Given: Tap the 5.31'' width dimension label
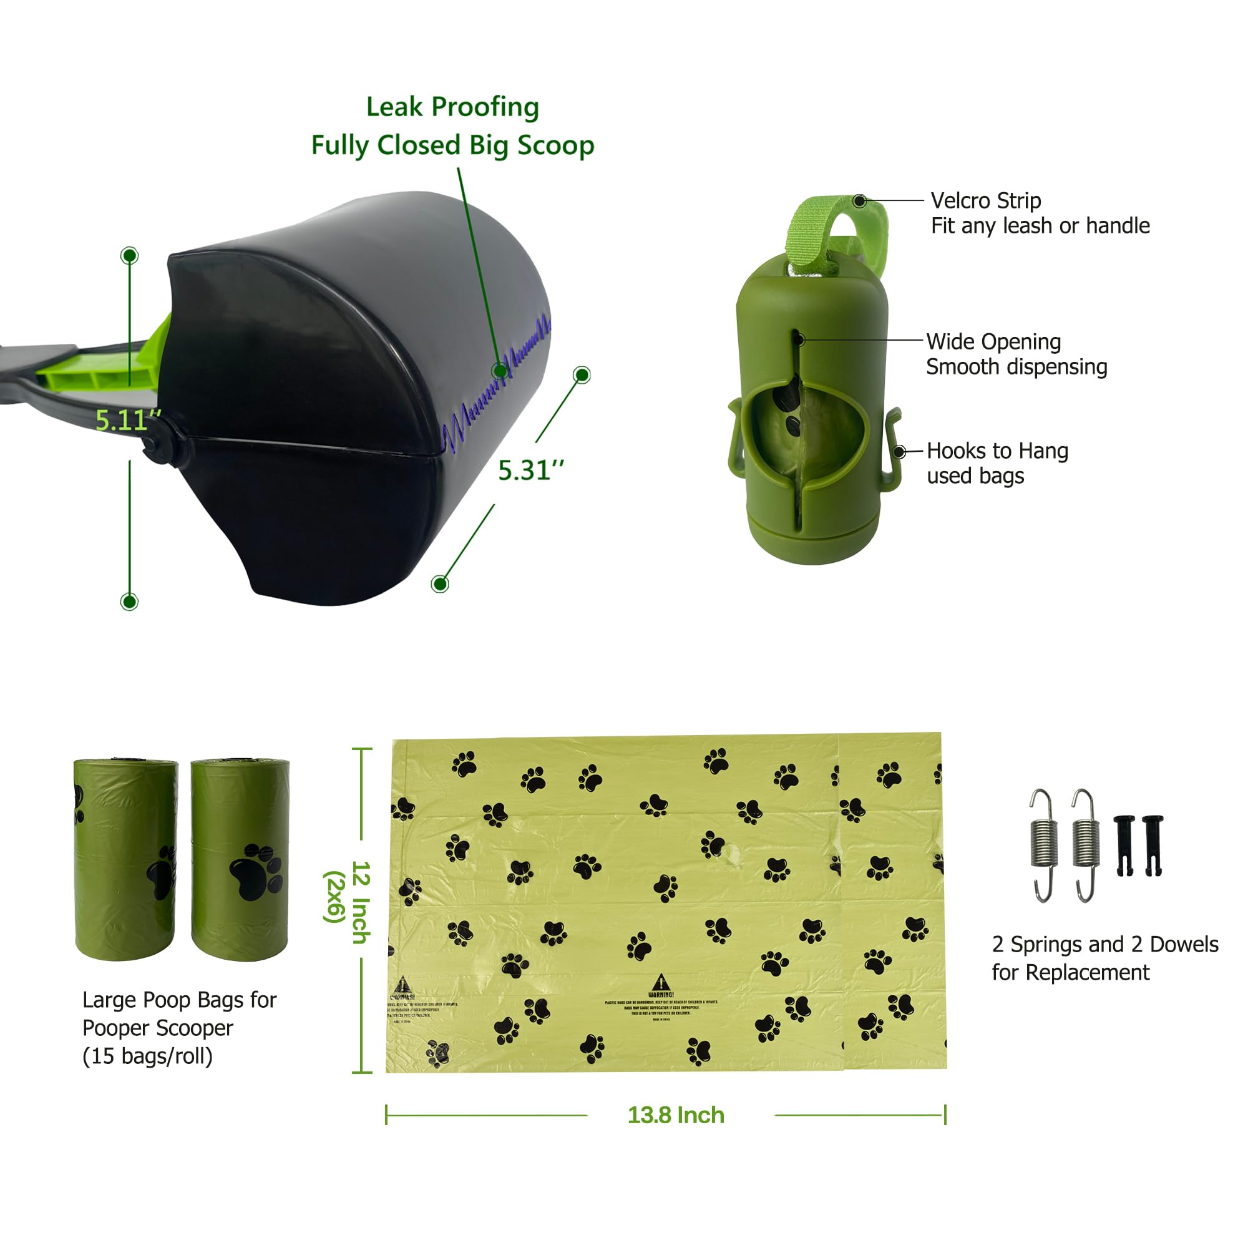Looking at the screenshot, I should pos(531,470).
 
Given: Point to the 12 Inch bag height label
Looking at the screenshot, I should pos(361,902).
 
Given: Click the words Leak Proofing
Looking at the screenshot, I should pos(452,107).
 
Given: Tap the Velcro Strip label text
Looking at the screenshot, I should pos(985,201).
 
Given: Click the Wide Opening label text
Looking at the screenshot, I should pos(993,342).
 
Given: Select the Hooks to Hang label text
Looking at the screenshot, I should pos(997,451).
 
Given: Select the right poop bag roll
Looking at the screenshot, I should pos(240,860).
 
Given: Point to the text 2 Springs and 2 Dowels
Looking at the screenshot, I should pos(1104,945).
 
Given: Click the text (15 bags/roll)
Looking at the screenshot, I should pos(147,1056).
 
